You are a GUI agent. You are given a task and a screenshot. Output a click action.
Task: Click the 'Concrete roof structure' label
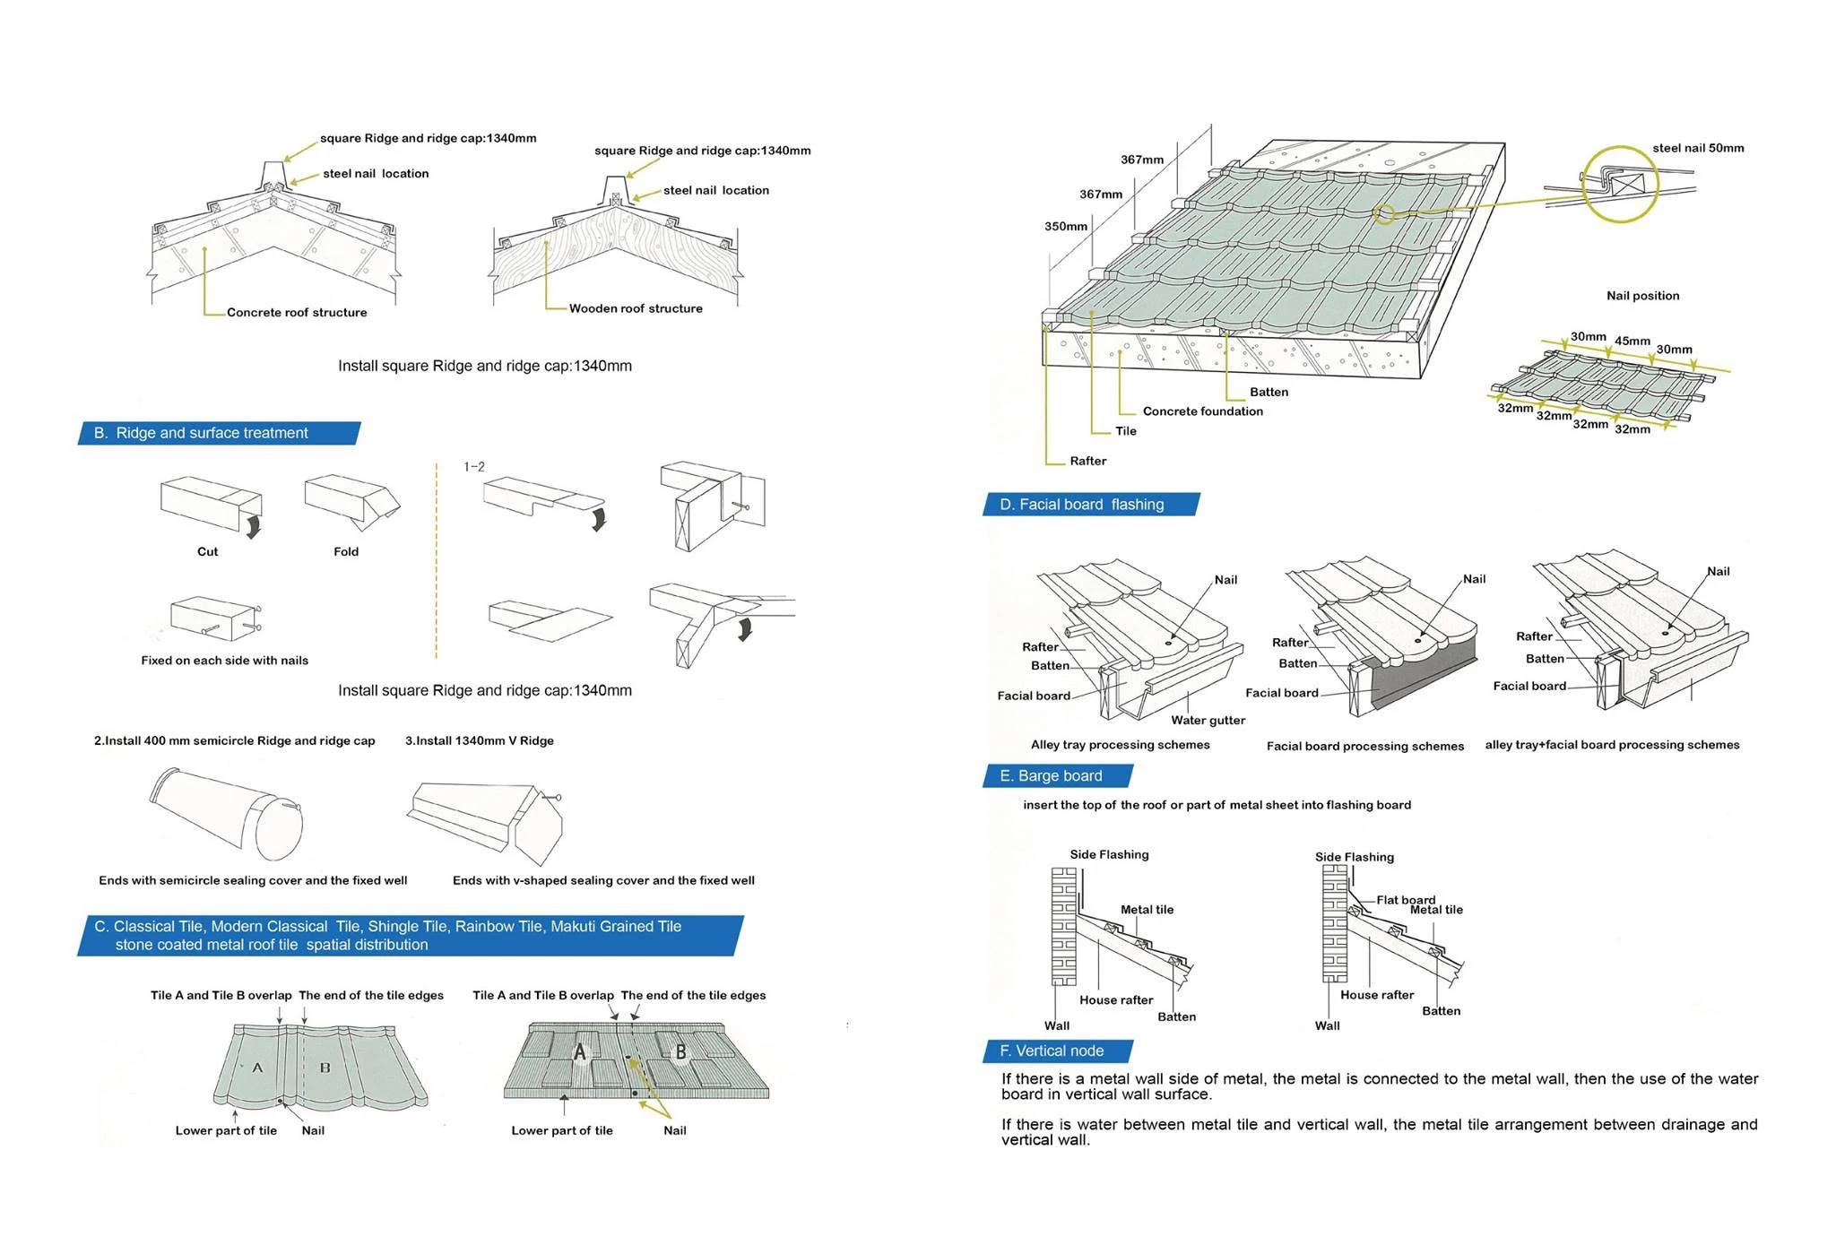pos(297,313)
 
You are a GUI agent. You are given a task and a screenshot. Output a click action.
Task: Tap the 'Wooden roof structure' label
pos(636,308)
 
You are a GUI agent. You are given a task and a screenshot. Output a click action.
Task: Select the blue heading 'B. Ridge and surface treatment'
pos(212,433)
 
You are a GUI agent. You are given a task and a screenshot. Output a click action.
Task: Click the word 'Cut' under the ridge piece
pos(207,551)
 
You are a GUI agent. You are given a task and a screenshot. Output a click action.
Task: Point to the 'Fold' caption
pos(346,551)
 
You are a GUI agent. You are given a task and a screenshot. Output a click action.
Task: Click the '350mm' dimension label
pos(1066,227)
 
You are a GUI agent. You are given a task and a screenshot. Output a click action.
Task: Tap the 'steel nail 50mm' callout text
pos(1698,148)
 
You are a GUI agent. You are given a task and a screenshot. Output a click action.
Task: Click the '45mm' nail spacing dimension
pos(1632,341)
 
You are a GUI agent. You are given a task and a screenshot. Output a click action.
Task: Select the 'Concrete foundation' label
pos(1202,411)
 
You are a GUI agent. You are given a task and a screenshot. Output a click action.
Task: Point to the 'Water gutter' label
pos(1208,720)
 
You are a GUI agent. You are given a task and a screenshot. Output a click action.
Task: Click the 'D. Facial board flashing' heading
pos(1082,505)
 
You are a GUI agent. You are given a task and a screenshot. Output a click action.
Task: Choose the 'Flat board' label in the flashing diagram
pos(1405,899)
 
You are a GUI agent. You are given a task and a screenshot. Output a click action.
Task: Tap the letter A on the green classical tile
pos(257,1068)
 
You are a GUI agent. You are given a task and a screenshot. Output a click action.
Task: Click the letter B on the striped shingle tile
pos(680,1052)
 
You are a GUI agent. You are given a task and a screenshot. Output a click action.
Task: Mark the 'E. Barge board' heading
pos(1051,776)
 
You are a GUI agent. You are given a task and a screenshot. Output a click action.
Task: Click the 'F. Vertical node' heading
pos(1052,1051)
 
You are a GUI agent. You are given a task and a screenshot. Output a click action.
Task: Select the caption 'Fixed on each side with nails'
pos(224,661)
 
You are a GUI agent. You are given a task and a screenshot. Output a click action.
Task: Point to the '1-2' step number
pos(474,467)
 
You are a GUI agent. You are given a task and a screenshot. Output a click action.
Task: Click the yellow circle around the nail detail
pos(1619,184)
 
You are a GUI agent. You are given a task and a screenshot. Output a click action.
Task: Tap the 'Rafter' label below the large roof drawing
pos(1087,461)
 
